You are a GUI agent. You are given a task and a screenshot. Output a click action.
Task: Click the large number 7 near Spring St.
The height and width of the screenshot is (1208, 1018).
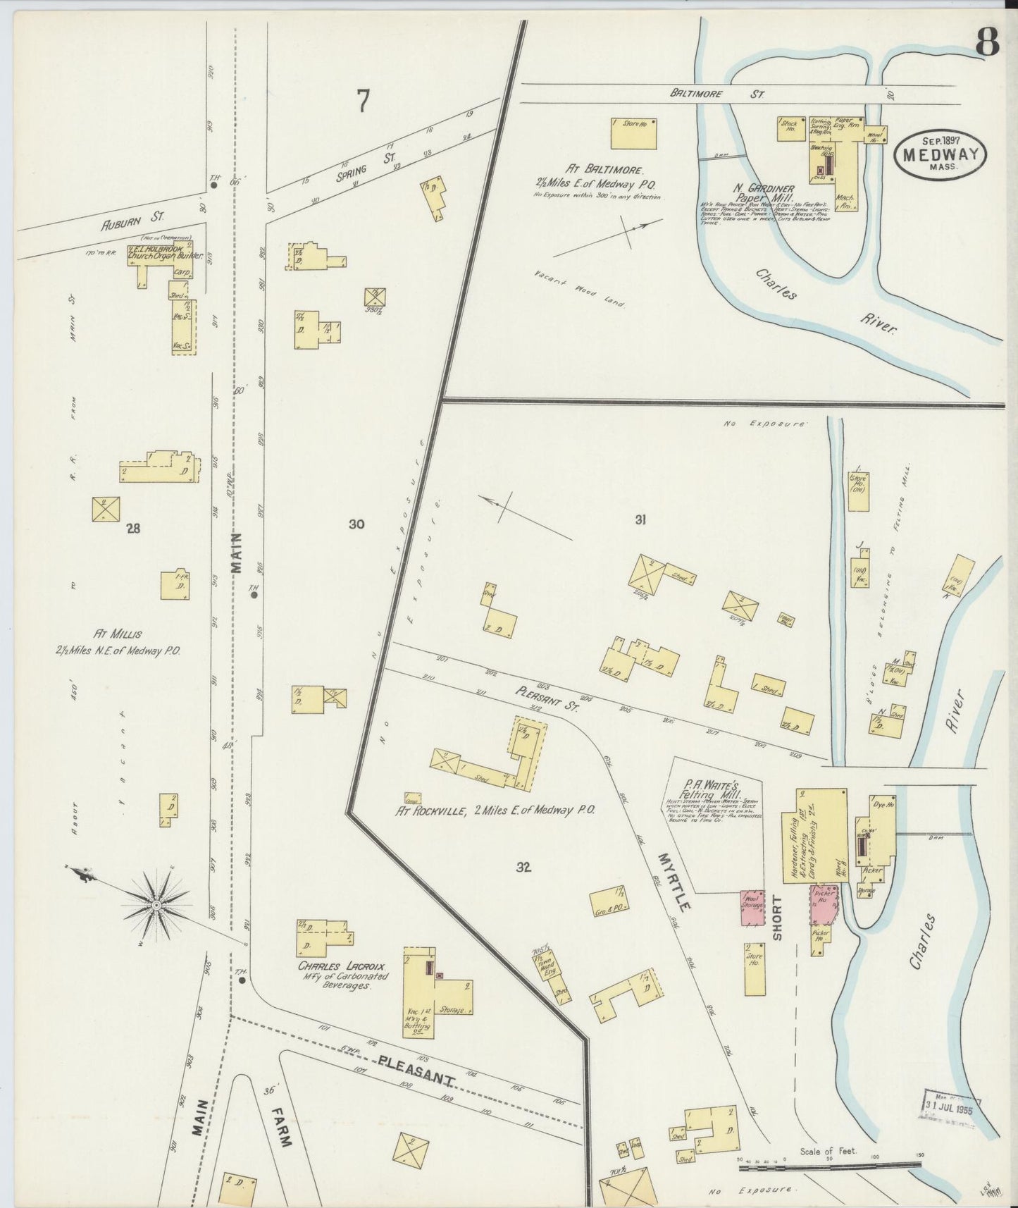tap(362, 101)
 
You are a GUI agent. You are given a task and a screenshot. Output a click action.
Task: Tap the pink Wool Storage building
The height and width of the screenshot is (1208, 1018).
tap(752, 908)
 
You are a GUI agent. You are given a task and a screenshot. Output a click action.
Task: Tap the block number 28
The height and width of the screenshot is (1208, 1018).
tap(132, 529)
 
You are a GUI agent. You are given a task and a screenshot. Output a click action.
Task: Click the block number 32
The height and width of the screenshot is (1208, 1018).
tap(522, 868)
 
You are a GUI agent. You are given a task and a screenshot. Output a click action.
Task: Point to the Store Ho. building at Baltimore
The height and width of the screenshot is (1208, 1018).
tap(633, 133)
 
